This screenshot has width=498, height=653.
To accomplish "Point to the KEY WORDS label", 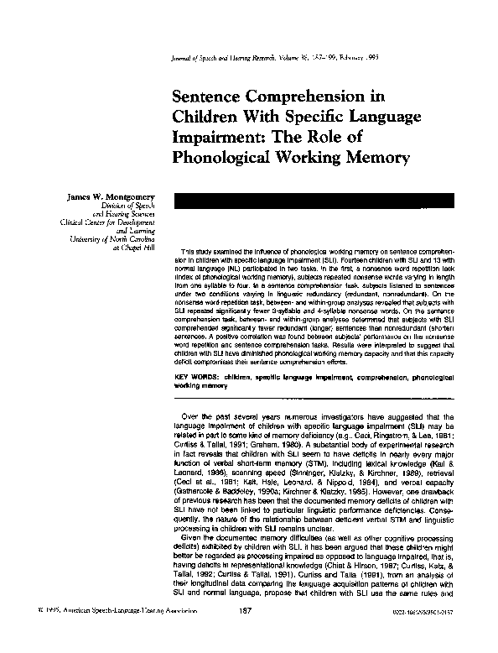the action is tap(200, 379).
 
